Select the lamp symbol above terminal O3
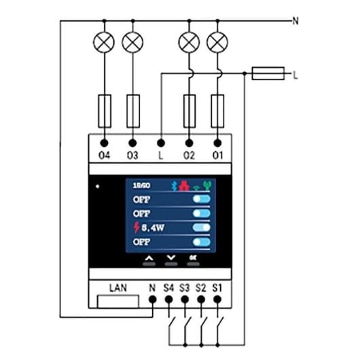pos(132,43)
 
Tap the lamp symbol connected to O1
pos(217,43)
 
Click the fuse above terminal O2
pos(190,110)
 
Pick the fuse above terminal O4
pos(105,110)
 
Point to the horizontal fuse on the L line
pos(268,73)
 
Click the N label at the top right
pos(295,21)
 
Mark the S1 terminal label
pos(218,289)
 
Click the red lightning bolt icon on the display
pos(136,228)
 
